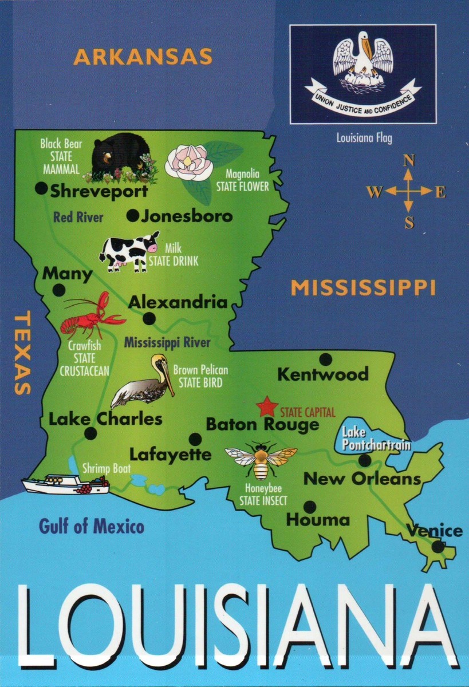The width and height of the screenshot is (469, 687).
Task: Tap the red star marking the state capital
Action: click(267, 407)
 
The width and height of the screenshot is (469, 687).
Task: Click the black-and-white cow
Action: click(129, 250)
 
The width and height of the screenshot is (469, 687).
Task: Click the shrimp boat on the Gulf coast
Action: click(65, 484)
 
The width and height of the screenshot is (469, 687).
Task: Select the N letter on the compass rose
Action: click(408, 161)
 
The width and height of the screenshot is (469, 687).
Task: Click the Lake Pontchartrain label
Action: click(368, 439)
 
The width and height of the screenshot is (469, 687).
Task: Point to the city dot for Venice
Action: click(438, 547)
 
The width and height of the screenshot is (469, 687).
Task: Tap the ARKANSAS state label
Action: click(143, 57)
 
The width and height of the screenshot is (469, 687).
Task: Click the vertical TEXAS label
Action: click(22, 353)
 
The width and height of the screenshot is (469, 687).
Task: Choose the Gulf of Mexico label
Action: click(92, 526)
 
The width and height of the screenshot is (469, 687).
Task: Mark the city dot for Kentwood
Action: click(325, 359)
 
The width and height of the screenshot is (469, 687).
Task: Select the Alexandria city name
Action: click(177, 302)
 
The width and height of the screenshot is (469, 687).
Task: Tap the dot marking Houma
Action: click(309, 507)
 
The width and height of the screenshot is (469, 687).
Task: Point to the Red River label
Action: click(78, 217)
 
